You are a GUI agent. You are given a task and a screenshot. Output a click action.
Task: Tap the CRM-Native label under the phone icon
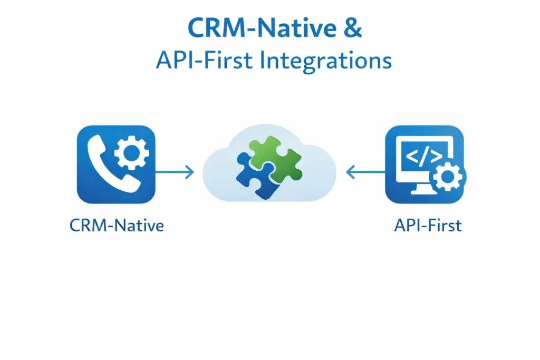coord(117,226)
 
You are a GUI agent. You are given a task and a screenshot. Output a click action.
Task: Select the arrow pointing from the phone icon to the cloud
coord(175,172)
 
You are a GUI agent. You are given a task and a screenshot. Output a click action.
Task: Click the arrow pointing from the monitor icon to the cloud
coord(365,172)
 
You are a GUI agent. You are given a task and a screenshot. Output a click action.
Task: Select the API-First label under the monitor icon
coord(428,226)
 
